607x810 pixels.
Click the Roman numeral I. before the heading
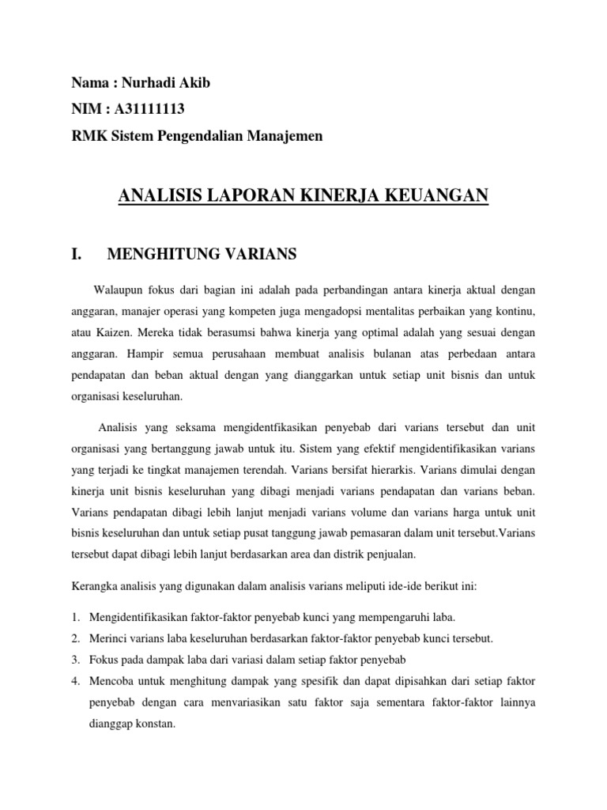[77, 254]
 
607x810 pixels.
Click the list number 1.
[76, 617]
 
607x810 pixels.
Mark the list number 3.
[76, 658]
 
